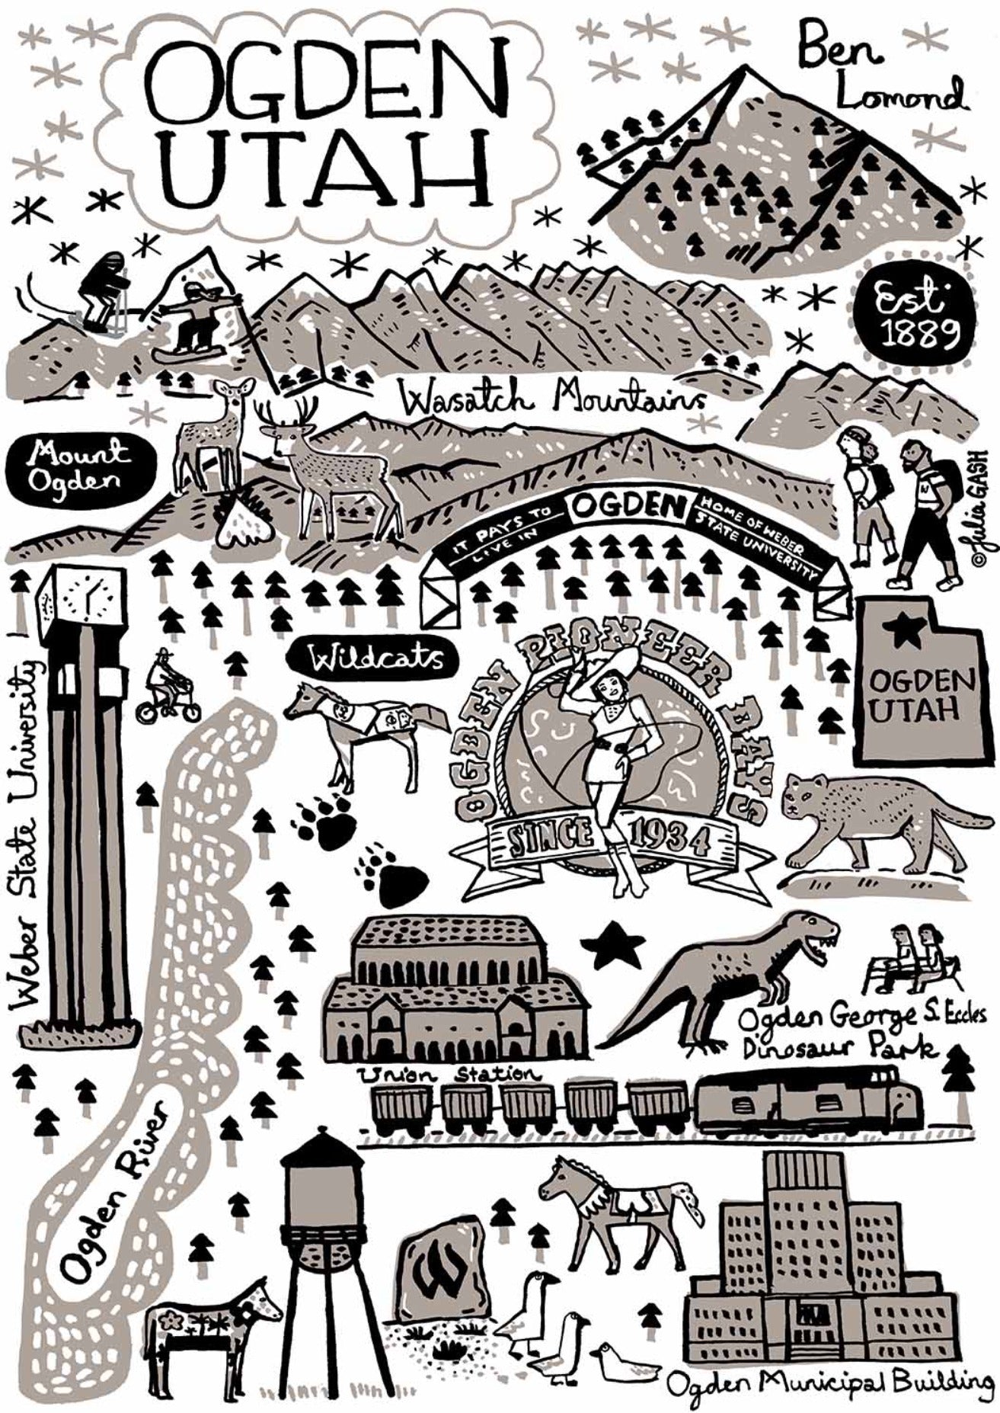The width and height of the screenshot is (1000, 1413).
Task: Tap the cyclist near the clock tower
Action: click(167, 688)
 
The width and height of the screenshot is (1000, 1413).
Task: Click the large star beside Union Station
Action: click(614, 944)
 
